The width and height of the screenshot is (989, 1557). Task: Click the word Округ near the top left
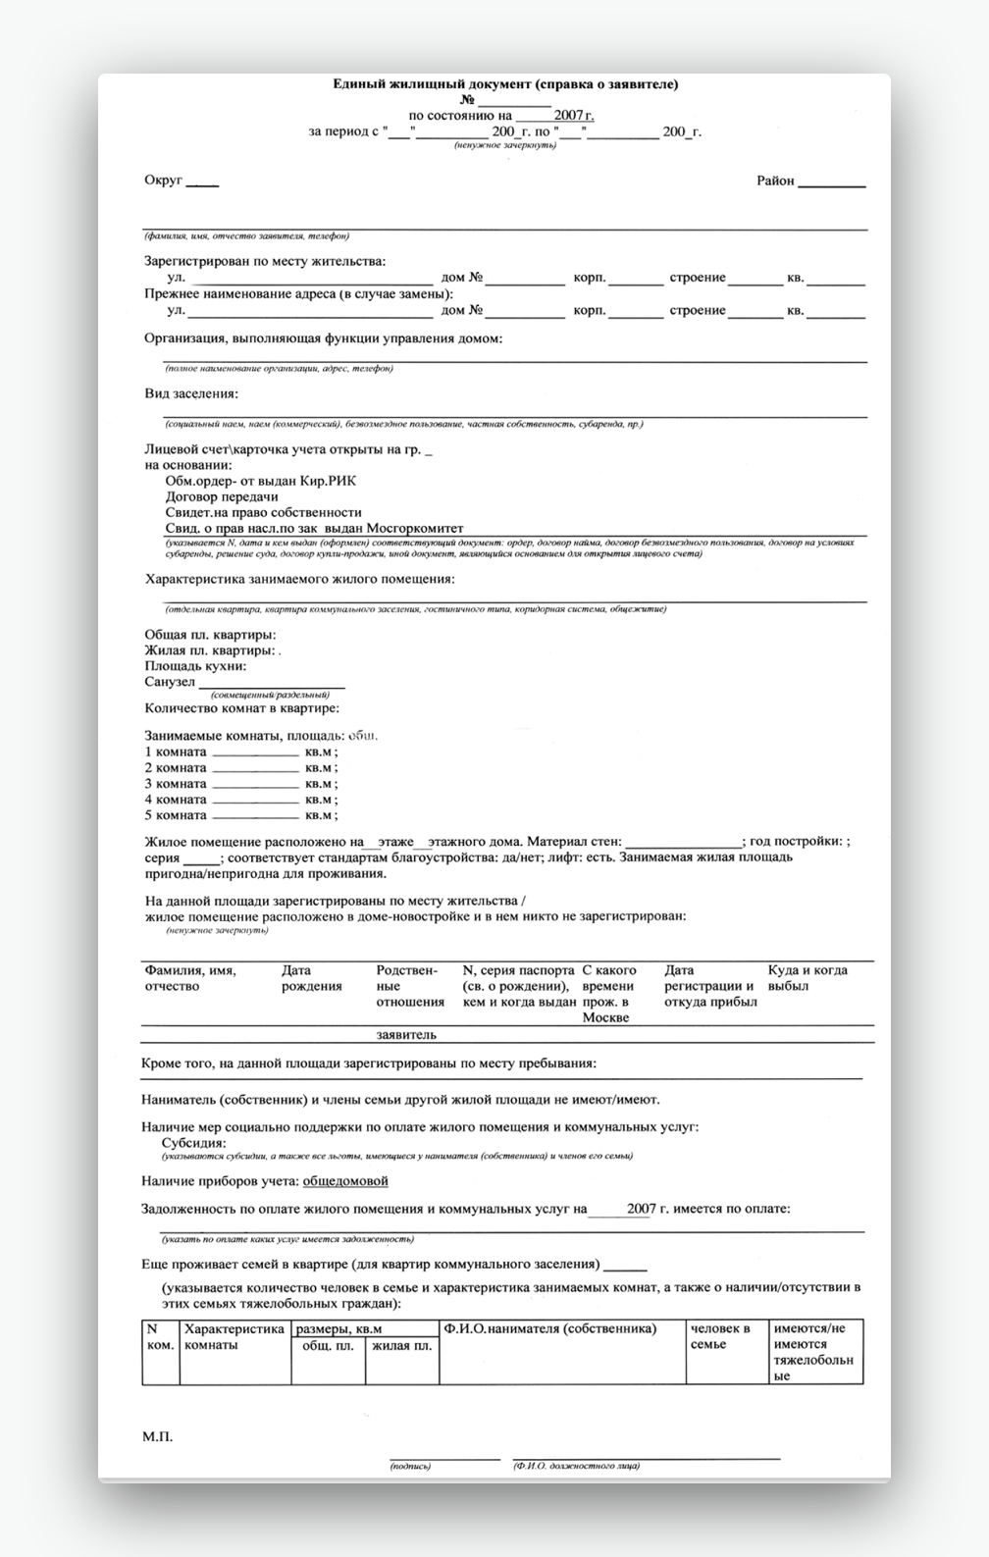(x=164, y=181)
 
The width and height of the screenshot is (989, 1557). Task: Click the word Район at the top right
(x=775, y=181)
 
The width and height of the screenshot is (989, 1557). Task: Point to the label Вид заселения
(x=191, y=393)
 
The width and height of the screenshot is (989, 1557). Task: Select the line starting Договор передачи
(x=222, y=496)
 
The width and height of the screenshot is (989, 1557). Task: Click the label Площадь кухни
(x=195, y=666)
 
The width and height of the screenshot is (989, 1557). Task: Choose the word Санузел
(x=170, y=682)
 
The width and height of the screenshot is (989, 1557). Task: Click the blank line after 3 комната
(x=255, y=785)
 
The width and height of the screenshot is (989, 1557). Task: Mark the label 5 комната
(x=176, y=815)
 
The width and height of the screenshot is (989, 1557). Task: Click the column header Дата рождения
(x=311, y=978)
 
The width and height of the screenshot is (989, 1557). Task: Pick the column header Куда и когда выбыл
(x=807, y=978)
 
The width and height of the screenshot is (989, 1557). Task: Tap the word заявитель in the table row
(x=406, y=1034)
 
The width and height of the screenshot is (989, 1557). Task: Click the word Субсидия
(x=193, y=1143)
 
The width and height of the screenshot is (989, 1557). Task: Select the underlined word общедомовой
(x=345, y=1181)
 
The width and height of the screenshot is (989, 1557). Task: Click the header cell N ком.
(x=160, y=1336)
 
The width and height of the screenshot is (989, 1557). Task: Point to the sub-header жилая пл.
(x=401, y=1346)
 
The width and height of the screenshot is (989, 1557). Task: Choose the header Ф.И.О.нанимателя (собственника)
(x=549, y=1328)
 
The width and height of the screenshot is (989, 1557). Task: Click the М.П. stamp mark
(x=157, y=1436)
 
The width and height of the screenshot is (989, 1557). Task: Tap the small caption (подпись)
(x=410, y=1466)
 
